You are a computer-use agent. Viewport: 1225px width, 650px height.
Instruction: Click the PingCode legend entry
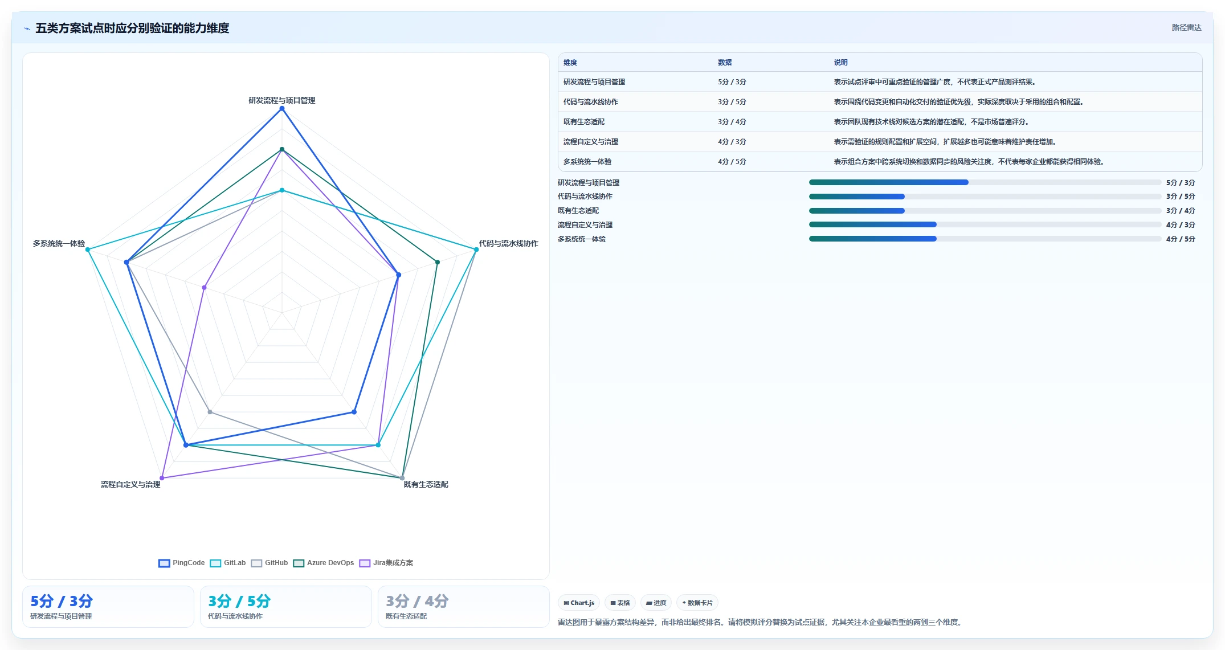point(182,563)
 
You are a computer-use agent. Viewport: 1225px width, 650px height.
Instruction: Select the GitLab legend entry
point(228,563)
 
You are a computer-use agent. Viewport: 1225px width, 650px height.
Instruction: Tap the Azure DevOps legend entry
point(324,563)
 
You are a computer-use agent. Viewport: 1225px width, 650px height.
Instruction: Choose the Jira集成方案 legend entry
point(386,563)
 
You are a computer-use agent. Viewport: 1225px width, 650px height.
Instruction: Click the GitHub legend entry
point(269,563)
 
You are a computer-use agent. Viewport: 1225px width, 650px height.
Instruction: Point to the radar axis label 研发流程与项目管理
point(282,100)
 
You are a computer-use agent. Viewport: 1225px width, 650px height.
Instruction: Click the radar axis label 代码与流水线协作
point(508,243)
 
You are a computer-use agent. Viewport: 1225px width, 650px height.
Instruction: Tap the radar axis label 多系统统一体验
point(59,243)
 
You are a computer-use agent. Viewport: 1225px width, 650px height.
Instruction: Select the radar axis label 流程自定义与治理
point(130,484)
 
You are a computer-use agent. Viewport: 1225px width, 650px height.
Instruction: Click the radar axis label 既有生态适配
point(426,484)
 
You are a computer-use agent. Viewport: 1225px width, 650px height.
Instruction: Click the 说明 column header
point(841,63)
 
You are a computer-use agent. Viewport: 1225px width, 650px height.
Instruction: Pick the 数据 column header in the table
point(725,63)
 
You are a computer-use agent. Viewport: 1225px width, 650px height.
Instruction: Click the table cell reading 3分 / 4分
point(732,122)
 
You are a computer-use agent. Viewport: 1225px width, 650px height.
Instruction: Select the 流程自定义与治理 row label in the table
point(591,142)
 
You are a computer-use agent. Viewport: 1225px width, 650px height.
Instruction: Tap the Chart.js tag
point(579,603)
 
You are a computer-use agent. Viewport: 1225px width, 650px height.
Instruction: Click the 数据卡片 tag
point(697,603)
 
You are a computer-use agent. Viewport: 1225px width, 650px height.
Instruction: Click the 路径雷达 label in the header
point(1186,27)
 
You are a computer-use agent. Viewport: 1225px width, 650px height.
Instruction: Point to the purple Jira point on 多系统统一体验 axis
point(205,288)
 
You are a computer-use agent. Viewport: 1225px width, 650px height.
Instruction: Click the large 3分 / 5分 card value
point(239,601)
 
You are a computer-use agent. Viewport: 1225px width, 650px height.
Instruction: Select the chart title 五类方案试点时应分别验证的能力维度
point(132,28)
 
